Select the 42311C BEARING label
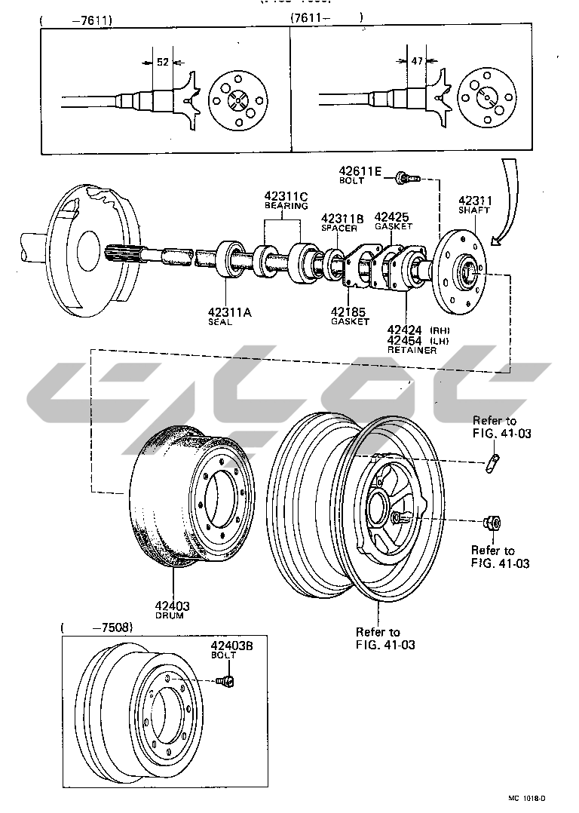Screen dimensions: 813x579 [286, 198]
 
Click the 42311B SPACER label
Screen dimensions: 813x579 [343, 222]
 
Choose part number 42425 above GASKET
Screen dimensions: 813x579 [391, 216]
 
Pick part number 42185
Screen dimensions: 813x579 [350, 311]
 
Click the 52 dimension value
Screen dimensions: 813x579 [163, 63]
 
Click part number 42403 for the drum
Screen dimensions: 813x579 [173, 606]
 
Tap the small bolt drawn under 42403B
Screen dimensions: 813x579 [226, 683]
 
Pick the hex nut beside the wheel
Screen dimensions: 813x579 [489, 523]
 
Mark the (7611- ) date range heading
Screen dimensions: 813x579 [326, 17]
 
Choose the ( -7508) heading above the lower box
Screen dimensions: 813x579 [97, 627]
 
